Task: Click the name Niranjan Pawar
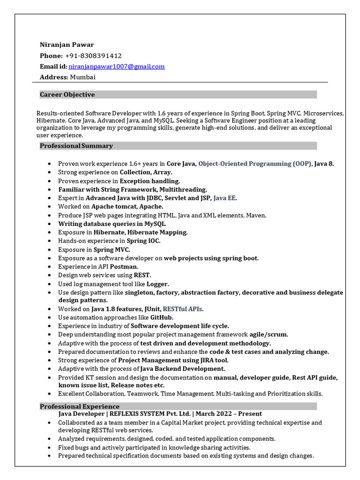click(67, 45)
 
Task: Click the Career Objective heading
click(67, 95)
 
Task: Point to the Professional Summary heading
click(76, 146)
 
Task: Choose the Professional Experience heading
click(79, 406)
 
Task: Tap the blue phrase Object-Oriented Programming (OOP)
click(255, 164)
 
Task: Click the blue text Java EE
click(225, 198)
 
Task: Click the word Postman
click(124, 267)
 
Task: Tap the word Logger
click(157, 284)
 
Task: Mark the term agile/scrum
click(269, 335)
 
